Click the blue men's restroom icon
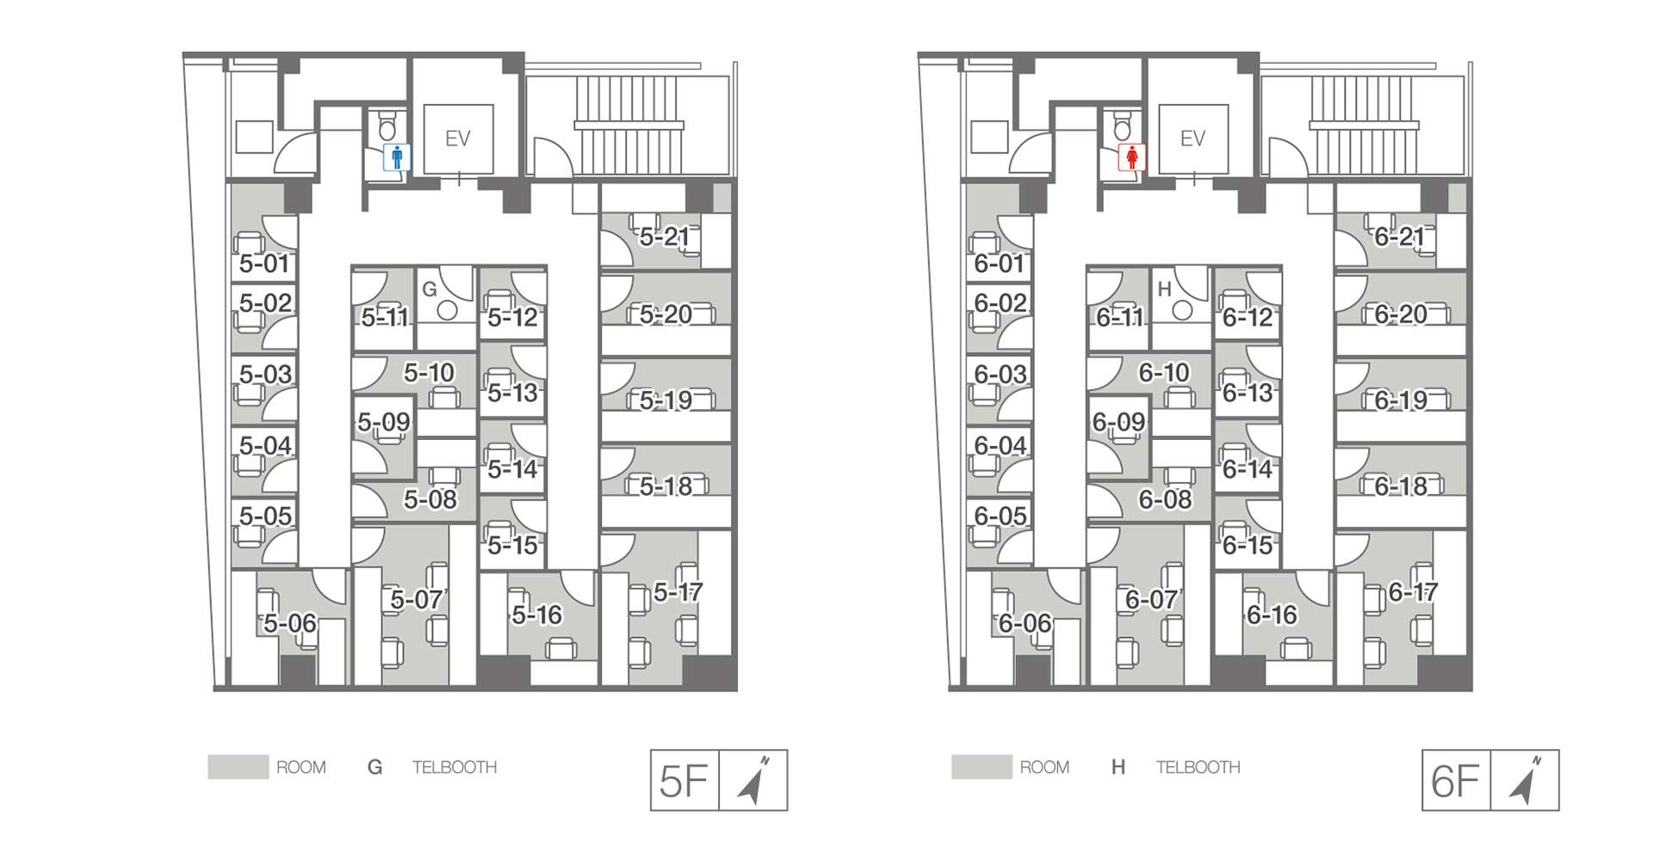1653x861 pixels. [397, 158]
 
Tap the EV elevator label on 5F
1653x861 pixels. [457, 139]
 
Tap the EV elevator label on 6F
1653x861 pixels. [1192, 139]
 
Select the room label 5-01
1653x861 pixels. [263, 263]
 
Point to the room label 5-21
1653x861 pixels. [665, 236]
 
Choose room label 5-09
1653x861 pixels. [384, 422]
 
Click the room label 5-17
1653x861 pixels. [678, 592]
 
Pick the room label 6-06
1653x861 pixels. [1025, 623]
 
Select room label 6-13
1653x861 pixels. [1247, 393]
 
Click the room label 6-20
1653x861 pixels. [1400, 314]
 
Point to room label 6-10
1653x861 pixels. [1164, 373]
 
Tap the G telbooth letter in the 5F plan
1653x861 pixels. [430, 290]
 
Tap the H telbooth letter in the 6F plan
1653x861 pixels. [1165, 290]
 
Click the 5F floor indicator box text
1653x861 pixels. [684, 781]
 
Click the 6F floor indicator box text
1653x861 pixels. [1455, 781]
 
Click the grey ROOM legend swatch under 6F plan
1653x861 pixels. [981, 767]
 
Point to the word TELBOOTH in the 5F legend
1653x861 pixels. [455, 767]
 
